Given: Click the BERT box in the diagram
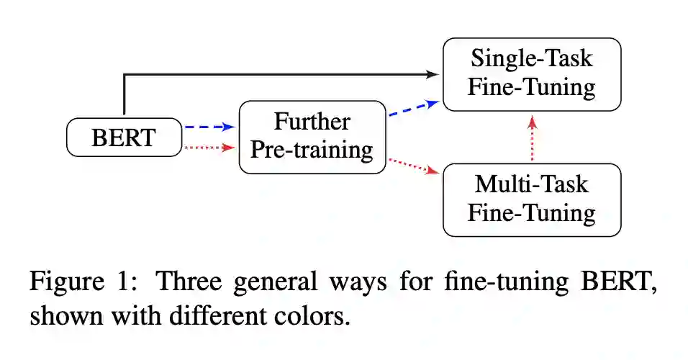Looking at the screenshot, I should tap(123, 137).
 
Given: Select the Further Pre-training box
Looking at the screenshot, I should tap(312, 137).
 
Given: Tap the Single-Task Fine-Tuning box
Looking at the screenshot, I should tap(531, 74).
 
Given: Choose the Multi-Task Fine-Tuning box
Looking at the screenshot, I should tap(531, 199).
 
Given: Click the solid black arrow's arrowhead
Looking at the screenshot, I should tap(433, 74).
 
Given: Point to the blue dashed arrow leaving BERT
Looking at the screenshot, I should tap(209, 127).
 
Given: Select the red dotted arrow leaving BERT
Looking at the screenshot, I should tap(209, 148).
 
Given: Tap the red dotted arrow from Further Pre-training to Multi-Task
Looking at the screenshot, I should tap(414, 166).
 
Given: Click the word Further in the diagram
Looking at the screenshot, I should tap(312, 122).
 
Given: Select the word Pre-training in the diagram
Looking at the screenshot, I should tap(312, 150).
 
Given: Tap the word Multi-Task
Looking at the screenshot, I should tap(531, 184).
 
